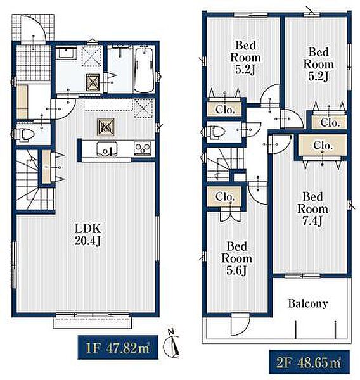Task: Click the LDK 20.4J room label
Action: pyautogui.click(x=87, y=234)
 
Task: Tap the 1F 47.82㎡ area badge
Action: pyautogui.click(x=118, y=347)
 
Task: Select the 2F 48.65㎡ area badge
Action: pyautogui.click(x=309, y=362)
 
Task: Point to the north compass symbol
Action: pyautogui.click(x=172, y=344)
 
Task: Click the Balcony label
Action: pyautogui.click(x=308, y=303)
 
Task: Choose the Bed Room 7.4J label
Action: pyautogui.click(x=312, y=208)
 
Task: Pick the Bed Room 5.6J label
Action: pyautogui.click(x=237, y=258)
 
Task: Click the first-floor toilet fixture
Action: pyautogui.click(x=25, y=134)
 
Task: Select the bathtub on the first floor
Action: pyautogui.click(x=144, y=70)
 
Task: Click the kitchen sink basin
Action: pyautogui.click(x=106, y=149)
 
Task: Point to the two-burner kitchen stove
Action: pyautogui.click(x=143, y=148)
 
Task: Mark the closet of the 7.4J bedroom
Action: pyautogui.click(x=322, y=145)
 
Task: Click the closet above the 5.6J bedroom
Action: pyautogui.click(x=224, y=196)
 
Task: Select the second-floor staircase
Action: pyautogui.click(x=224, y=164)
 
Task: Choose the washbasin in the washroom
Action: pyautogui.click(x=66, y=53)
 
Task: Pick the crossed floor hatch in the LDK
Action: pyautogui.click(x=106, y=127)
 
